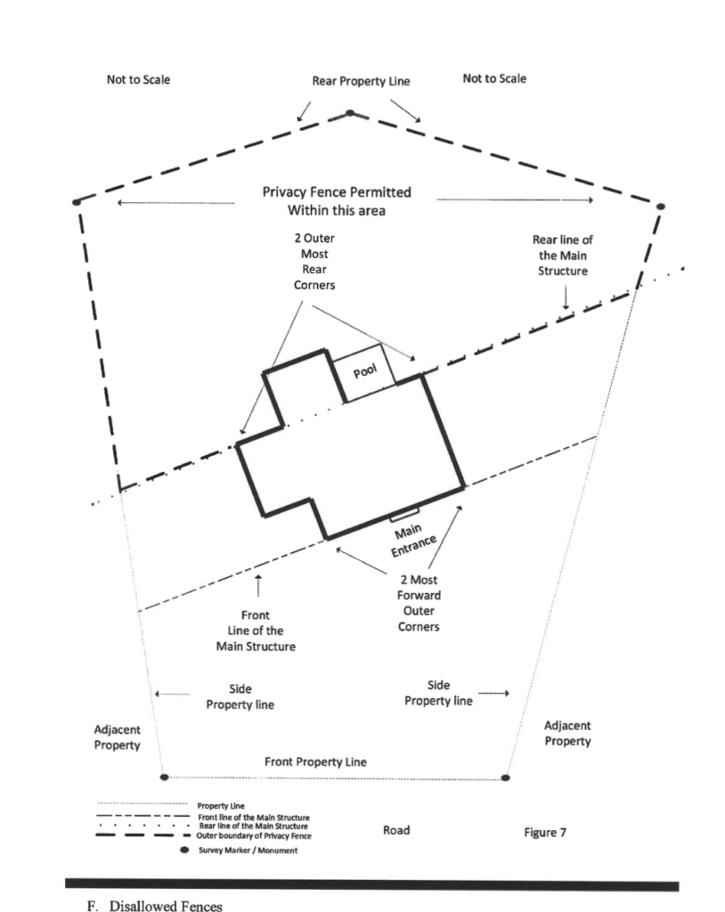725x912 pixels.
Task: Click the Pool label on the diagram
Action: [x=365, y=370]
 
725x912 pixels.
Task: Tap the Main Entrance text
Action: [x=412, y=541]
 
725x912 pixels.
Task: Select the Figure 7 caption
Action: [x=544, y=833]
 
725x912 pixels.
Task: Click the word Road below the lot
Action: [x=396, y=830]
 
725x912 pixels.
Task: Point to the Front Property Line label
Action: [x=315, y=762]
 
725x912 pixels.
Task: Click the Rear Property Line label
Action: [x=361, y=81]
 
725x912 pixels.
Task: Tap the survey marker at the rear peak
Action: [x=350, y=113]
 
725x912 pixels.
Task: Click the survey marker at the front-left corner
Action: [x=164, y=777]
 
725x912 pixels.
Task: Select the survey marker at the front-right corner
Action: [x=506, y=778]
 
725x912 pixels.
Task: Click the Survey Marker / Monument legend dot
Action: [x=185, y=850]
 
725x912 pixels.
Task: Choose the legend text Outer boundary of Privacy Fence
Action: [x=254, y=835]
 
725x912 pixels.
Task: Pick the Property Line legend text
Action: [x=221, y=805]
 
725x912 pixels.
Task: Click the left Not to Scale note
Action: [x=138, y=79]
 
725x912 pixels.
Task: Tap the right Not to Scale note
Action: [x=494, y=78]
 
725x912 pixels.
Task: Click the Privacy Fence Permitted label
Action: [x=337, y=192]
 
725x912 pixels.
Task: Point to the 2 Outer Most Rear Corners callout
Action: [x=314, y=262]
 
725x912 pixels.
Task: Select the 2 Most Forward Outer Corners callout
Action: [x=419, y=603]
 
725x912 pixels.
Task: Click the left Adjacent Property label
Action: [x=117, y=737]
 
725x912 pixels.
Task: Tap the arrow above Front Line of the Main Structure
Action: [x=258, y=585]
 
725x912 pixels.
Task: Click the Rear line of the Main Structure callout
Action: [x=563, y=256]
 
